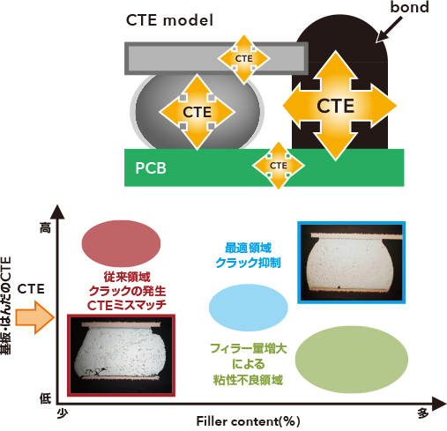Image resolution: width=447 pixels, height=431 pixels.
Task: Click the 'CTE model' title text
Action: coord(169,20)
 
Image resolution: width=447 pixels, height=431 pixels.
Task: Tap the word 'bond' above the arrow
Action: coord(409,7)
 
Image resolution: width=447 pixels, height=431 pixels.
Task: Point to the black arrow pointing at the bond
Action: coord(389,29)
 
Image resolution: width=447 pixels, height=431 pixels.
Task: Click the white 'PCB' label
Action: coord(151,168)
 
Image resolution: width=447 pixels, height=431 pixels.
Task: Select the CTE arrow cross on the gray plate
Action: coord(243,59)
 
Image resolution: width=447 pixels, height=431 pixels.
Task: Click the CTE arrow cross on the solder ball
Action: coord(197,112)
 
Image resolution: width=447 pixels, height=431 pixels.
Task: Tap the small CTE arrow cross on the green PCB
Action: coord(279,166)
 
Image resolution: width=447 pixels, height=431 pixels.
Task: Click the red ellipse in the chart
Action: coord(121,243)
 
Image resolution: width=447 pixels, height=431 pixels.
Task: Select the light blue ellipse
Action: coord(249,308)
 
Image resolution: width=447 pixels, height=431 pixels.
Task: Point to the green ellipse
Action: coord(352,360)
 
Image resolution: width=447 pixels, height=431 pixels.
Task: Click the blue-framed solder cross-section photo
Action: coord(352,263)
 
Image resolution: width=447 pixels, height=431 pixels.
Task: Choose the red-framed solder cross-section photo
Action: coord(122,355)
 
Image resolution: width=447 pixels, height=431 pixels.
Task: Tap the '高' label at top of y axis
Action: coord(46,227)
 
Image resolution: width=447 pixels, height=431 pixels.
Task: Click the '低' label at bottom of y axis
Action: coord(46,398)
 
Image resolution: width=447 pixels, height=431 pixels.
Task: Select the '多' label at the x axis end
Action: coord(423,413)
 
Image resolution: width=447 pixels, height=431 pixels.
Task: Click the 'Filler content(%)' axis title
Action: coord(248,421)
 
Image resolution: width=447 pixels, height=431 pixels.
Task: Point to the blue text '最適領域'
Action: coord(248,248)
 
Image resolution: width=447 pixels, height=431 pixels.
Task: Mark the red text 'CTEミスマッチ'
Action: coord(127,306)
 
